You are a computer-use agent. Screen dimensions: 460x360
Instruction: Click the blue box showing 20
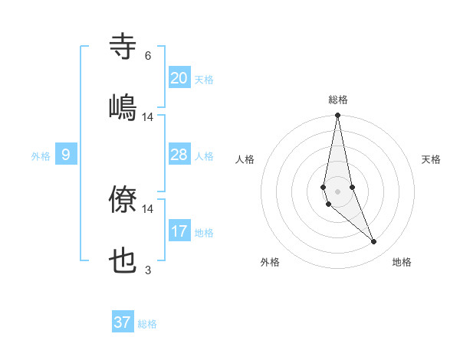(x=179, y=78)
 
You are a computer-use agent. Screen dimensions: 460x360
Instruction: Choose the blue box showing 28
(x=179, y=155)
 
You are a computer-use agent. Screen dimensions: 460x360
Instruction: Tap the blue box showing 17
(x=179, y=231)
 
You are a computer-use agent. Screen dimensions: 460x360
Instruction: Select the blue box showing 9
(x=66, y=155)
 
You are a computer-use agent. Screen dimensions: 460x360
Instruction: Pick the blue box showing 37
(x=123, y=322)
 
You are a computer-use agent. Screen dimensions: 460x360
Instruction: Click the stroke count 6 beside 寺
(x=148, y=56)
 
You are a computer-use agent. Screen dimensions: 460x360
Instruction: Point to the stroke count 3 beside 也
(x=148, y=270)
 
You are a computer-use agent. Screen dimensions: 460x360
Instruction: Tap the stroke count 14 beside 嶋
(x=148, y=116)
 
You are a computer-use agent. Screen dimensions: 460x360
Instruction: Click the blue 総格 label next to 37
(x=147, y=324)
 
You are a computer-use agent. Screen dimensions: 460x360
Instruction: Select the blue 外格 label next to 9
(x=41, y=156)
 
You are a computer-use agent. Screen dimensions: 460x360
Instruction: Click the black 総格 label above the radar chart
(x=338, y=100)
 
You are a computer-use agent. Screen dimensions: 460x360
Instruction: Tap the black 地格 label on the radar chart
(x=402, y=262)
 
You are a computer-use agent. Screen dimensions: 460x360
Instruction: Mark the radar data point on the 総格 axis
(x=338, y=116)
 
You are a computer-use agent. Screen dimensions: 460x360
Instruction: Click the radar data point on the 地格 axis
(x=374, y=242)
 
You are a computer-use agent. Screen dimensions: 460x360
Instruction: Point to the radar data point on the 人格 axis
(x=324, y=187)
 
